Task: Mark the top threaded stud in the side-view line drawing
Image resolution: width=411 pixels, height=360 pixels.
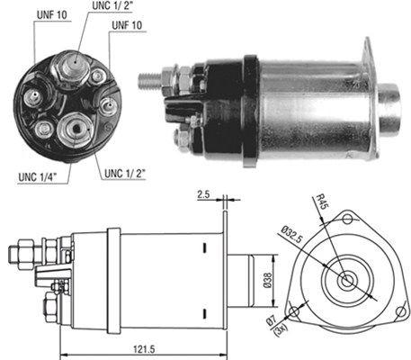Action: [27, 244]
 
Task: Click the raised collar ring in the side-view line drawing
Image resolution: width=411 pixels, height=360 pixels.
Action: [113, 275]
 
